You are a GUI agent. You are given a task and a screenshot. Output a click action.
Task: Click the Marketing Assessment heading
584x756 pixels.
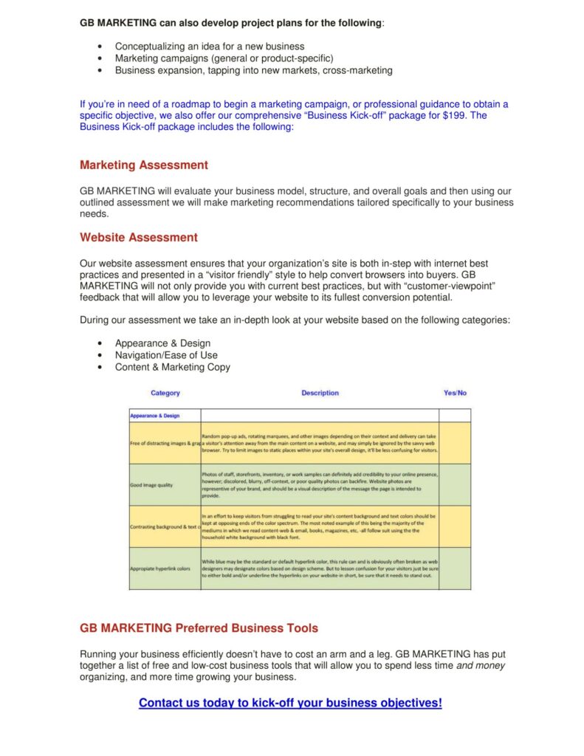[x=144, y=165]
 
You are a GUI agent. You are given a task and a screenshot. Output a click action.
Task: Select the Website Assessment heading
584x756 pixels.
[x=139, y=237]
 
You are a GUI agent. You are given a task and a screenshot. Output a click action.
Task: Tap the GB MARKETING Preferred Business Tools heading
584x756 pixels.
[x=199, y=628]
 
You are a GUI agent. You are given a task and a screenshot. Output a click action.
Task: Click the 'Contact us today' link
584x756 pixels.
[x=290, y=703]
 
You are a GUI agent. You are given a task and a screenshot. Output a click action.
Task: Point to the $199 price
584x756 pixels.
[x=454, y=115]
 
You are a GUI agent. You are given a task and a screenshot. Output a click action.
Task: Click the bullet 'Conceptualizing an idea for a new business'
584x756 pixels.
[x=210, y=47]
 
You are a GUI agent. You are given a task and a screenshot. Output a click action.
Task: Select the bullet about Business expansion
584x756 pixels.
[x=253, y=70]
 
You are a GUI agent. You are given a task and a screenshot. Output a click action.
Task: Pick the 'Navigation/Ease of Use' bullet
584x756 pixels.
[x=166, y=355]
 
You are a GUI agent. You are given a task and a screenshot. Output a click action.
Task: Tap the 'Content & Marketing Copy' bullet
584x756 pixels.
[x=172, y=367]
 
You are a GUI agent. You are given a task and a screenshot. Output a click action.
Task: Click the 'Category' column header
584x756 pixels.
[x=165, y=393]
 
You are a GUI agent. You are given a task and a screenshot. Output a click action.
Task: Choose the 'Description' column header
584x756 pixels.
[x=320, y=393]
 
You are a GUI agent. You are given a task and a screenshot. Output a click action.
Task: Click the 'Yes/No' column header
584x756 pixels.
[x=455, y=393]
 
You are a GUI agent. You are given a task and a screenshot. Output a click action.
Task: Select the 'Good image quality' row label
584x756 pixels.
[x=151, y=485]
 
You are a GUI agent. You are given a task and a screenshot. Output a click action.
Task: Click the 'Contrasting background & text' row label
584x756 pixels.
[x=165, y=526]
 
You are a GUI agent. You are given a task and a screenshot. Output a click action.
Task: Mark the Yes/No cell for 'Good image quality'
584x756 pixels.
[x=455, y=484]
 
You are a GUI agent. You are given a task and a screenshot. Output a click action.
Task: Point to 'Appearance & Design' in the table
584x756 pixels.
[x=155, y=416]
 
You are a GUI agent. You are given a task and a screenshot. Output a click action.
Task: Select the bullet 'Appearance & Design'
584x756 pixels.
[x=162, y=343]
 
